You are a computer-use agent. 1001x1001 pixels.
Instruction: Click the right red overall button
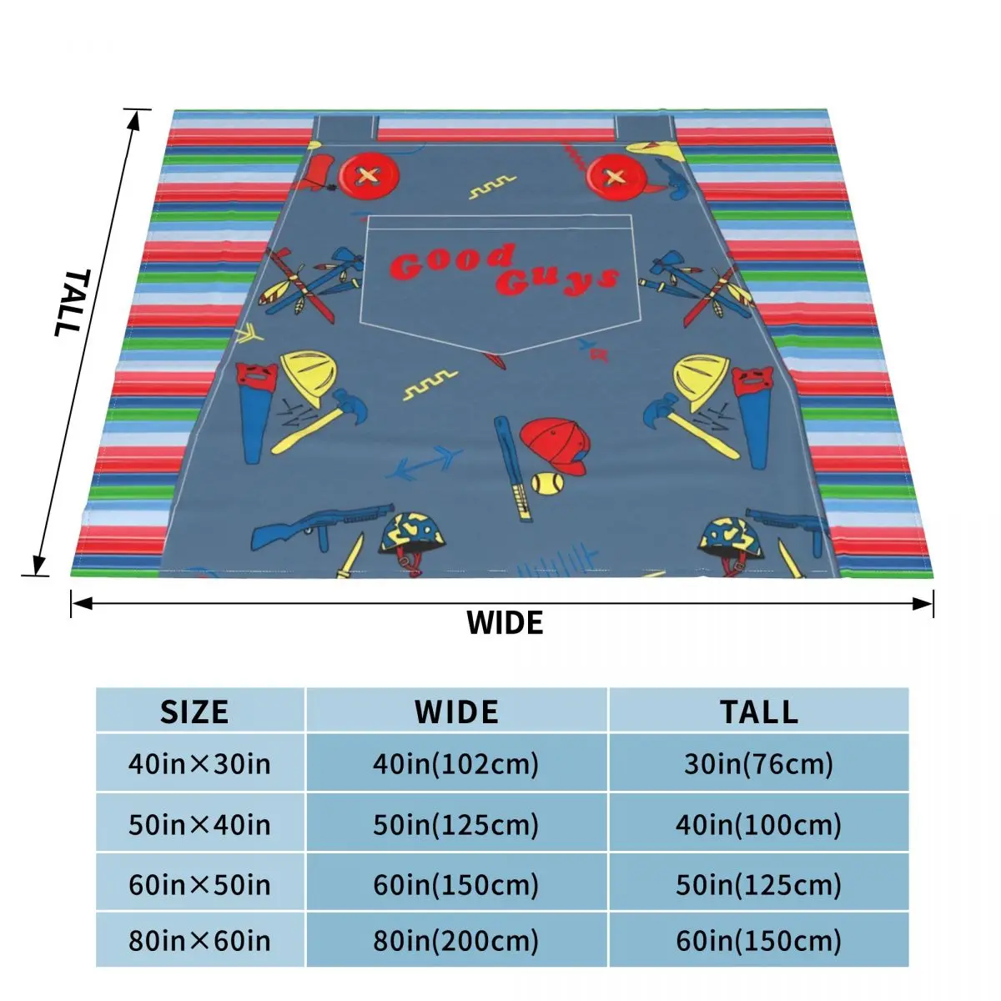tap(615, 177)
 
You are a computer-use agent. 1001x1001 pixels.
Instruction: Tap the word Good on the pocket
tap(451, 263)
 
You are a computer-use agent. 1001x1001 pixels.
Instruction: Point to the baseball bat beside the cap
tap(512, 467)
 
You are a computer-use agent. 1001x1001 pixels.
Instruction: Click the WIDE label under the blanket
tap(504, 623)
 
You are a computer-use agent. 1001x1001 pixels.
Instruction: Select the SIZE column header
tap(194, 712)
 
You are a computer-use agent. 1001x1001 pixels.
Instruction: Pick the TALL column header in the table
tap(758, 712)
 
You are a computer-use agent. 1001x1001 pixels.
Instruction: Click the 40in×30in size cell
tap(199, 763)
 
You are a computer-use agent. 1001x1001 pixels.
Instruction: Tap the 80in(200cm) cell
tap(455, 941)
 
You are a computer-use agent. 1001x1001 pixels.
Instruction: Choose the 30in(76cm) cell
tap(758, 763)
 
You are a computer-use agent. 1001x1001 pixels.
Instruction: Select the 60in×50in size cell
tap(199, 884)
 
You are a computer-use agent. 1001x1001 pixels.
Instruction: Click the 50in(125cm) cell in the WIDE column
tap(455, 825)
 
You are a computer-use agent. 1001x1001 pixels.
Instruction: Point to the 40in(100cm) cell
tap(758, 825)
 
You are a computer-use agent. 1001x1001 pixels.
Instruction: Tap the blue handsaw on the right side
tap(754, 413)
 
